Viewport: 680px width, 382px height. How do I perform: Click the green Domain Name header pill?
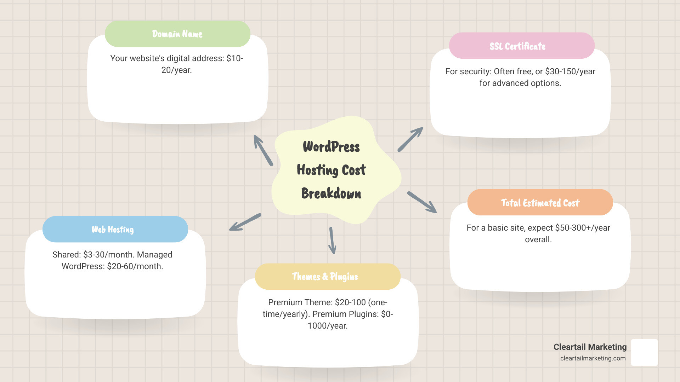[177, 34]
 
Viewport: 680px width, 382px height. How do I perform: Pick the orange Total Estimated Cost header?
[540, 203]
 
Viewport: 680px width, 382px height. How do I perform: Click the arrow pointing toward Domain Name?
[263, 150]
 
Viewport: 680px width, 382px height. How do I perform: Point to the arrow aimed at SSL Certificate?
[410, 139]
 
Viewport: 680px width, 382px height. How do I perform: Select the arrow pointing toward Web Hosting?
[245, 222]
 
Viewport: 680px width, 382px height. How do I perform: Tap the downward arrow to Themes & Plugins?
[332, 241]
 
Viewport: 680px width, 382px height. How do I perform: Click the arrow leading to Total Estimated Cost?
[422, 202]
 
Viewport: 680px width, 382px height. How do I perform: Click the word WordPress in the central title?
[331, 147]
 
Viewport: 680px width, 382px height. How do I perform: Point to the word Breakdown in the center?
[331, 193]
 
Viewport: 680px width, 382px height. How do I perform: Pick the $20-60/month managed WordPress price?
[135, 266]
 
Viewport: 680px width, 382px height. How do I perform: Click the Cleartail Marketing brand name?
[590, 347]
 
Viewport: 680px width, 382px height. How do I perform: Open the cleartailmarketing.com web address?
[593, 358]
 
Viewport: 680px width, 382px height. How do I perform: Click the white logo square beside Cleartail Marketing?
[644, 352]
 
